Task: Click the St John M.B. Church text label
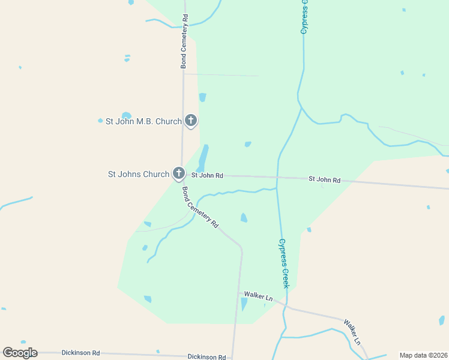[x=143, y=121]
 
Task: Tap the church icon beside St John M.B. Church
[x=191, y=121]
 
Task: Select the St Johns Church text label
[x=139, y=175]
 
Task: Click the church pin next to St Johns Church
[x=178, y=173]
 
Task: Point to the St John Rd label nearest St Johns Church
[x=207, y=176]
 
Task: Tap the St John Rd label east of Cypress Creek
[x=324, y=179]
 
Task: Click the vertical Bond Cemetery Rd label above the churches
[x=185, y=41]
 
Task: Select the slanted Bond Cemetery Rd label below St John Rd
[x=200, y=207]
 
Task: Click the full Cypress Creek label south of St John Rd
[x=283, y=263]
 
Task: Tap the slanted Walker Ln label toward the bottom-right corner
[x=352, y=332]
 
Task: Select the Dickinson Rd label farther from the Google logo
[x=206, y=356]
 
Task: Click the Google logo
[x=20, y=353]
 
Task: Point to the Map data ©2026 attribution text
[x=423, y=355]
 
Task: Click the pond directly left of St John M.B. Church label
[x=126, y=116]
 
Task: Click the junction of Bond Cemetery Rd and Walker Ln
[x=241, y=293]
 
